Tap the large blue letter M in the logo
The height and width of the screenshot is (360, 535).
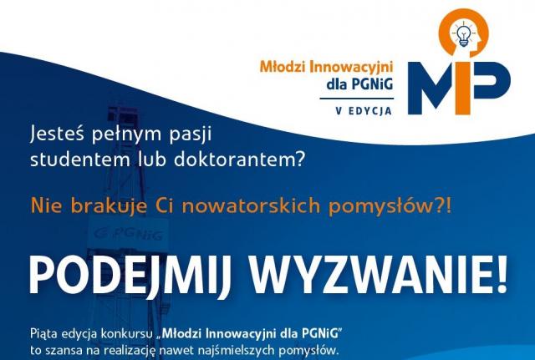tap(431, 88)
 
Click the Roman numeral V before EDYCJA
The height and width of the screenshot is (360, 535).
tap(339, 111)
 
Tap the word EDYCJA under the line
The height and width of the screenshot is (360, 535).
tap(369, 111)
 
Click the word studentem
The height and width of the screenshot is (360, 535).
tap(80, 159)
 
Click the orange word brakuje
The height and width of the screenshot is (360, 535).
tap(110, 206)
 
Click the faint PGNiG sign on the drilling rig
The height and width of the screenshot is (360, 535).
tap(129, 234)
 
